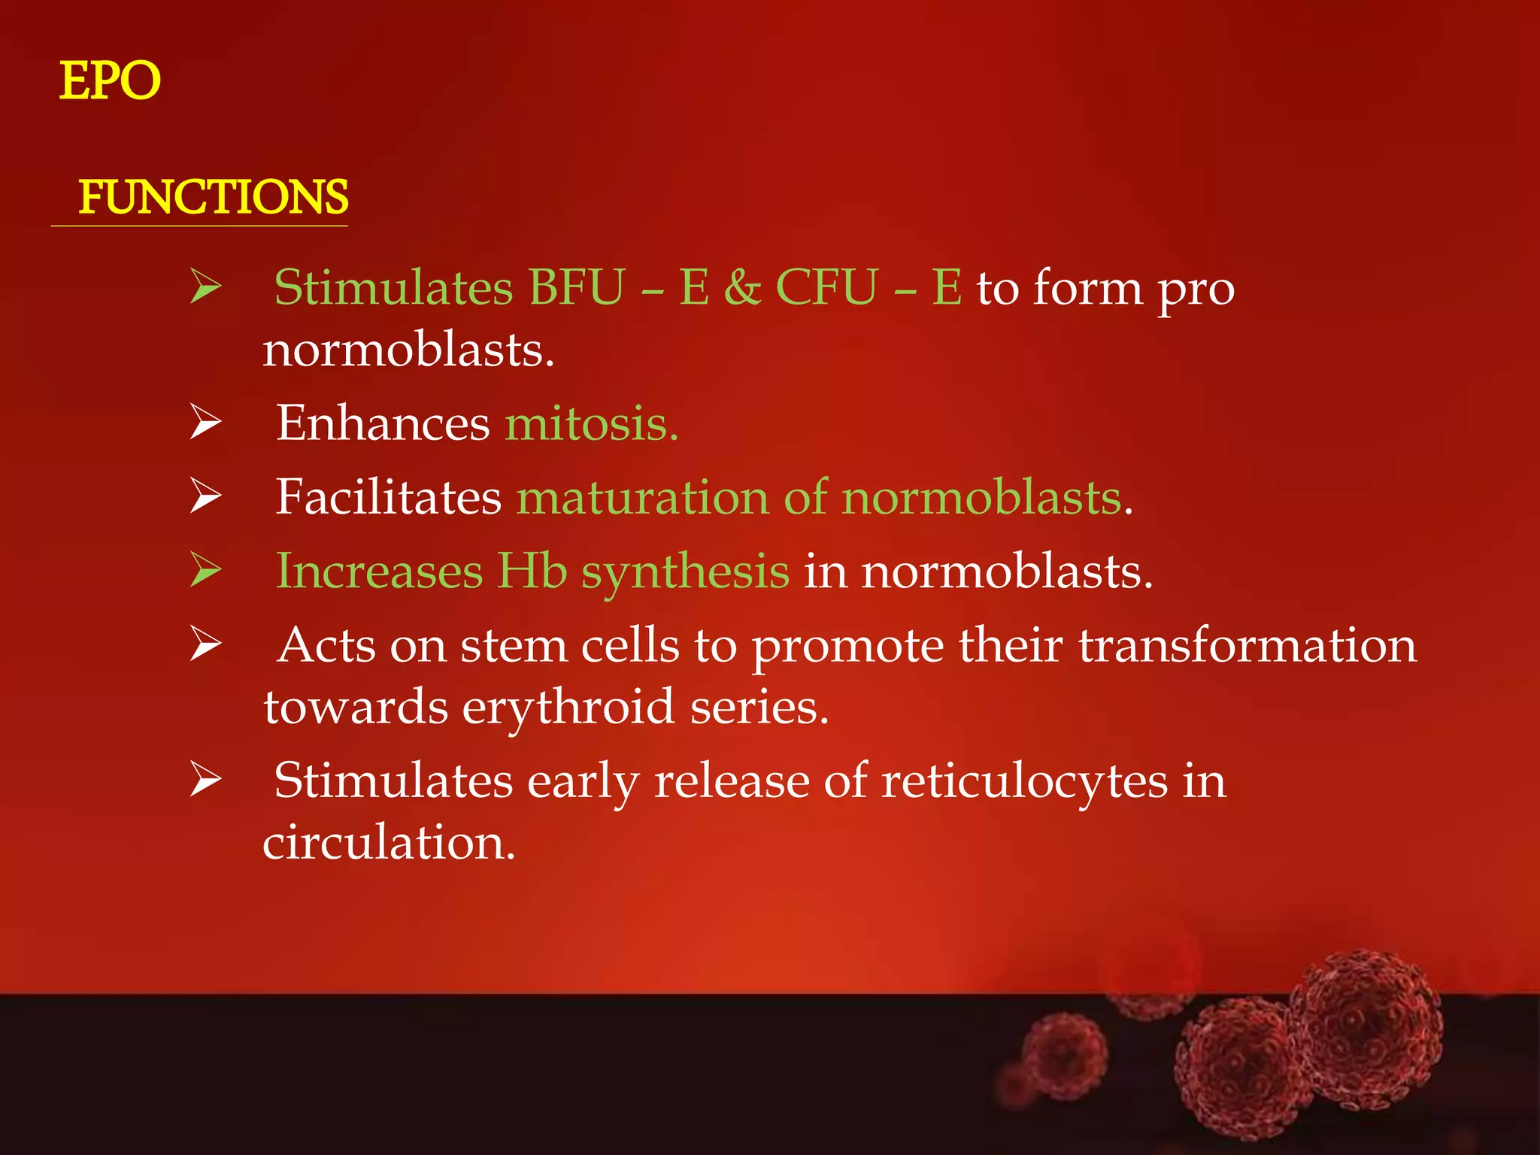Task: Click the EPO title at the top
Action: [110, 80]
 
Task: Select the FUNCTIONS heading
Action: [213, 197]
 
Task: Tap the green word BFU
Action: [576, 287]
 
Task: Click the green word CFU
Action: [826, 287]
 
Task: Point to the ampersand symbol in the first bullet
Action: [742, 287]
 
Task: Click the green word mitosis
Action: [591, 423]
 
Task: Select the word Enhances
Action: [383, 423]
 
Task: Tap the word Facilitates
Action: [388, 497]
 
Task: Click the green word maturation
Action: [643, 497]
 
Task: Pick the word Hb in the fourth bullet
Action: [532, 571]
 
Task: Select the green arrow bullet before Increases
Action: [205, 570]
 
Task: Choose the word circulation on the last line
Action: [388, 842]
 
